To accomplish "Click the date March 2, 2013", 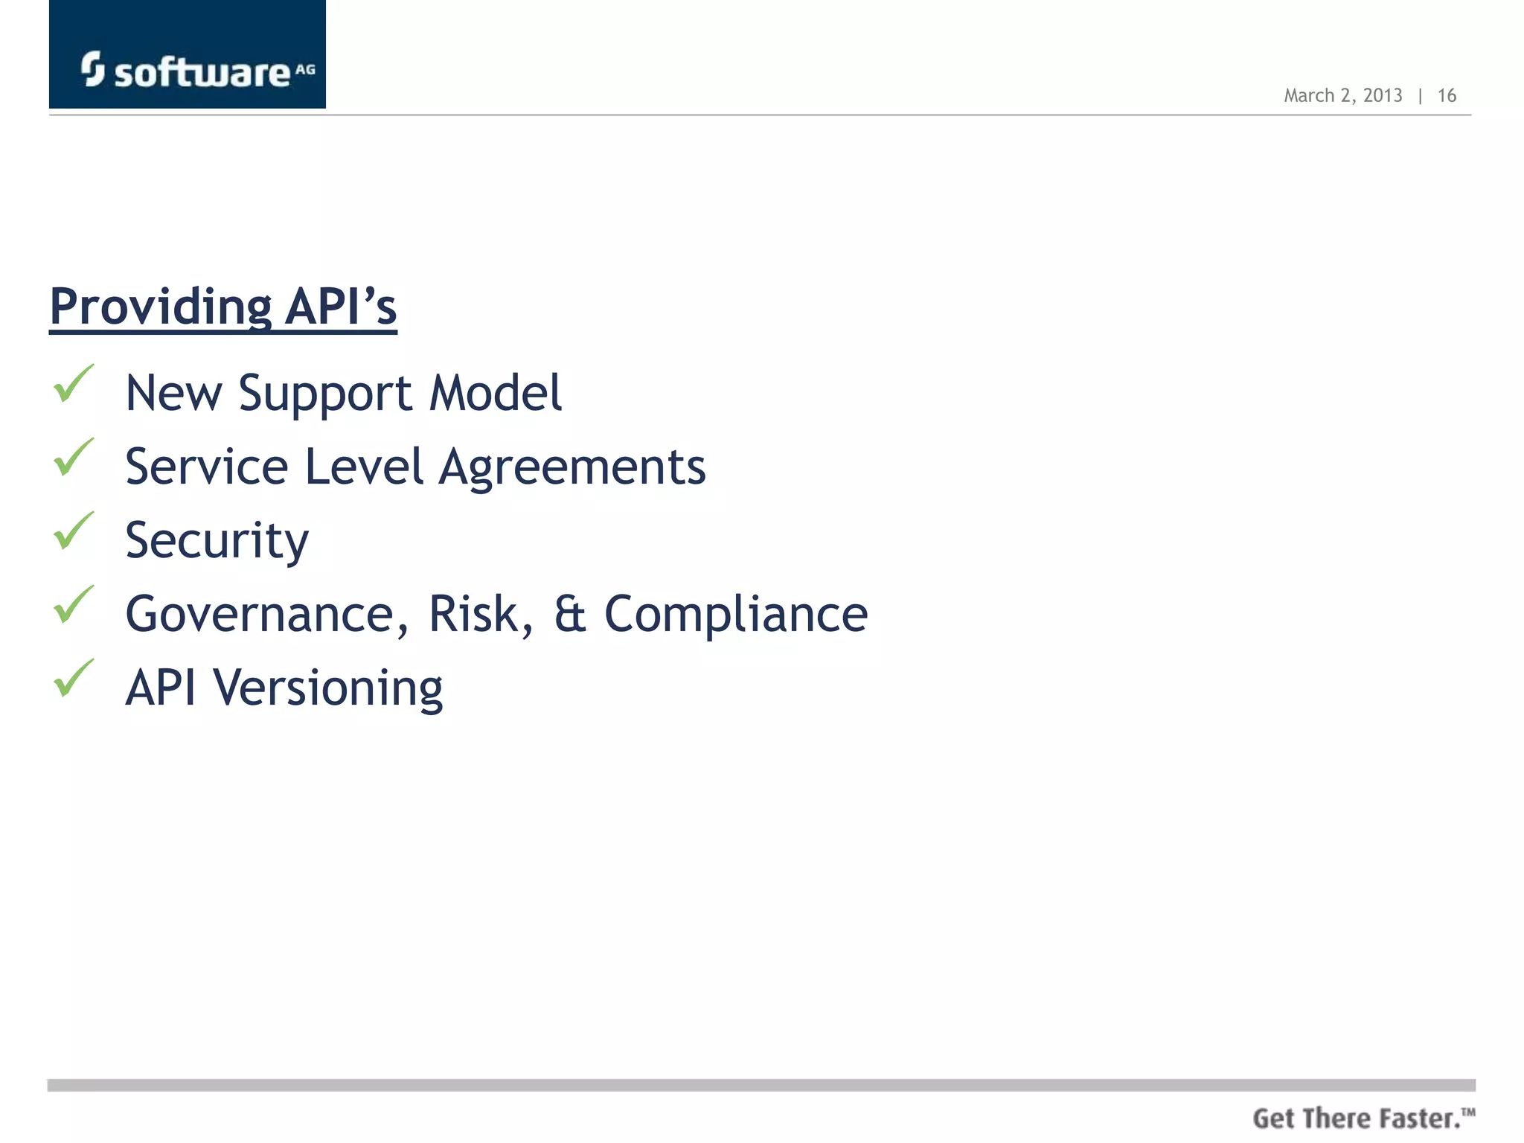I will (1342, 96).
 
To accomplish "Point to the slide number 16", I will (1447, 96).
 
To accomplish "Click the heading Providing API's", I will (223, 307).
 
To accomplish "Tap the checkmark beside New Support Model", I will (74, 384).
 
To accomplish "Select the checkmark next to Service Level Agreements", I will (74, 458).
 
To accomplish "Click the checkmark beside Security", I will (74, 531).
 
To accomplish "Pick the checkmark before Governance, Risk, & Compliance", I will (74, 605).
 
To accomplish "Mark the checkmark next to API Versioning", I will (74, 679).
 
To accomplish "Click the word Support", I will (325, 394).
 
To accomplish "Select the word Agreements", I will (572, 469).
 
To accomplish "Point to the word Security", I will (217, 541).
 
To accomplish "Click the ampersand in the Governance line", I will (570, 615).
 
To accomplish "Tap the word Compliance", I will (736, 615).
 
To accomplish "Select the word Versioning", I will (328, 688).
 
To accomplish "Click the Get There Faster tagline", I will (1363, 1118).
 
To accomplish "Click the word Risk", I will (480, 615).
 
